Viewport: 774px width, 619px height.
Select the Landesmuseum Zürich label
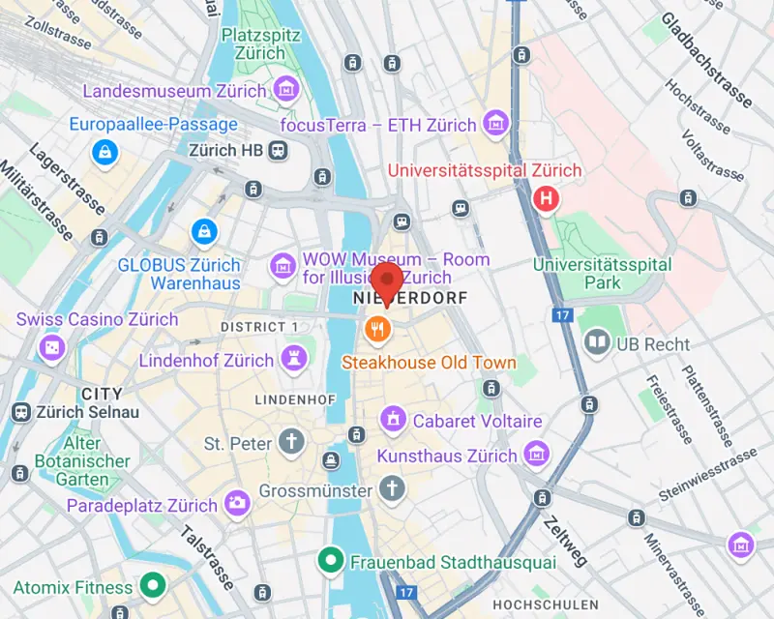175,91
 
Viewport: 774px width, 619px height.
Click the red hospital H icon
547,199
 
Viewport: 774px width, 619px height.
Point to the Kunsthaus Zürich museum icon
534,454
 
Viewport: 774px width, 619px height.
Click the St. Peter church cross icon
290,443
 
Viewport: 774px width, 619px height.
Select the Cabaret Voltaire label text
477,421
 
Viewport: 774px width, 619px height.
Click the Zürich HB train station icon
279,150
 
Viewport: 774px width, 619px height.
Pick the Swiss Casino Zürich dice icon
50,346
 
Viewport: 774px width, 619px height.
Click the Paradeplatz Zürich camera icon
236,502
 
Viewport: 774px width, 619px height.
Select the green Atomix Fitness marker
152,585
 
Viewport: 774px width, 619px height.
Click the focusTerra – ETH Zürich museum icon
496,124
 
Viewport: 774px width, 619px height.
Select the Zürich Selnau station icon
20,412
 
